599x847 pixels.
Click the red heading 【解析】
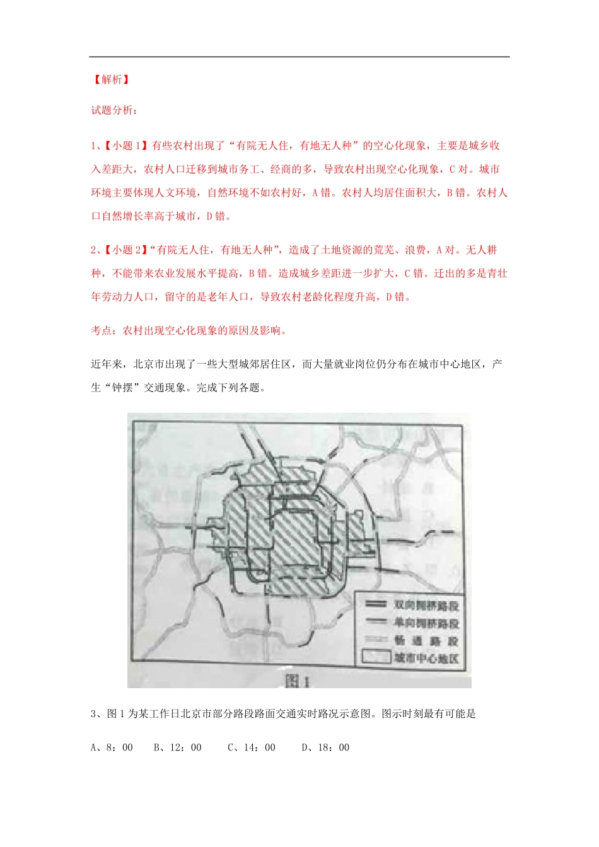pos(111,79)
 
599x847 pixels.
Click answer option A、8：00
pos(112,747)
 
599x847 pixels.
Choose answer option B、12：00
pos(178,747)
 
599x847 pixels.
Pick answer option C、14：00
pos(252,747)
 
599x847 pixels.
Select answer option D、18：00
pos(325,747)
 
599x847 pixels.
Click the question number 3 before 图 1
pos(95,714)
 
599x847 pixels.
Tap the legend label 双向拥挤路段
pos(427,606)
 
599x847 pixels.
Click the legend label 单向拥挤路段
pos(427,623)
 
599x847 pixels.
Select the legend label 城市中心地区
pos(427,659)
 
